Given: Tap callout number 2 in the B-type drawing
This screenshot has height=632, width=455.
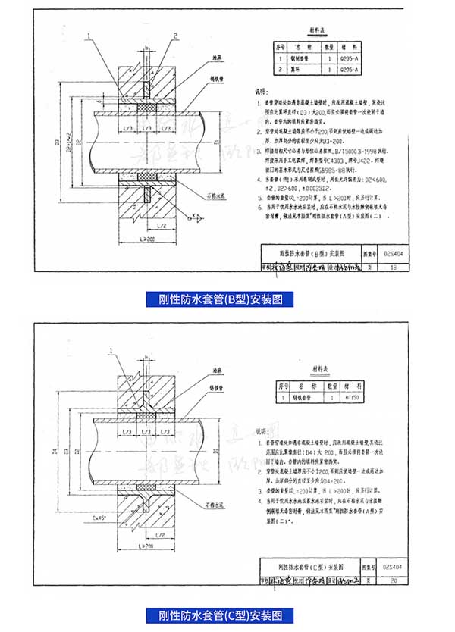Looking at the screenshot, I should coord(174,36).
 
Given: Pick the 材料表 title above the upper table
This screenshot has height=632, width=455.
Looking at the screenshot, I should coord(316,30).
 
